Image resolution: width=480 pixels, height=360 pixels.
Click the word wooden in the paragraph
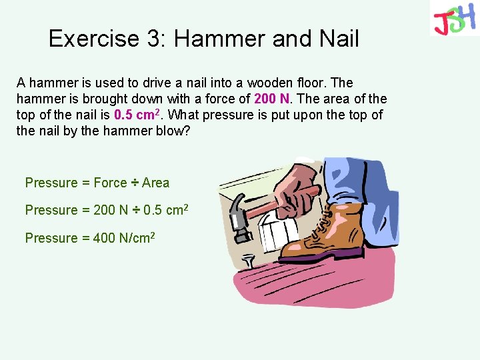273,83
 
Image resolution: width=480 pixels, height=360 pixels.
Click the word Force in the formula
110,183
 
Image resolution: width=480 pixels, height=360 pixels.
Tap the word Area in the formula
156,183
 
